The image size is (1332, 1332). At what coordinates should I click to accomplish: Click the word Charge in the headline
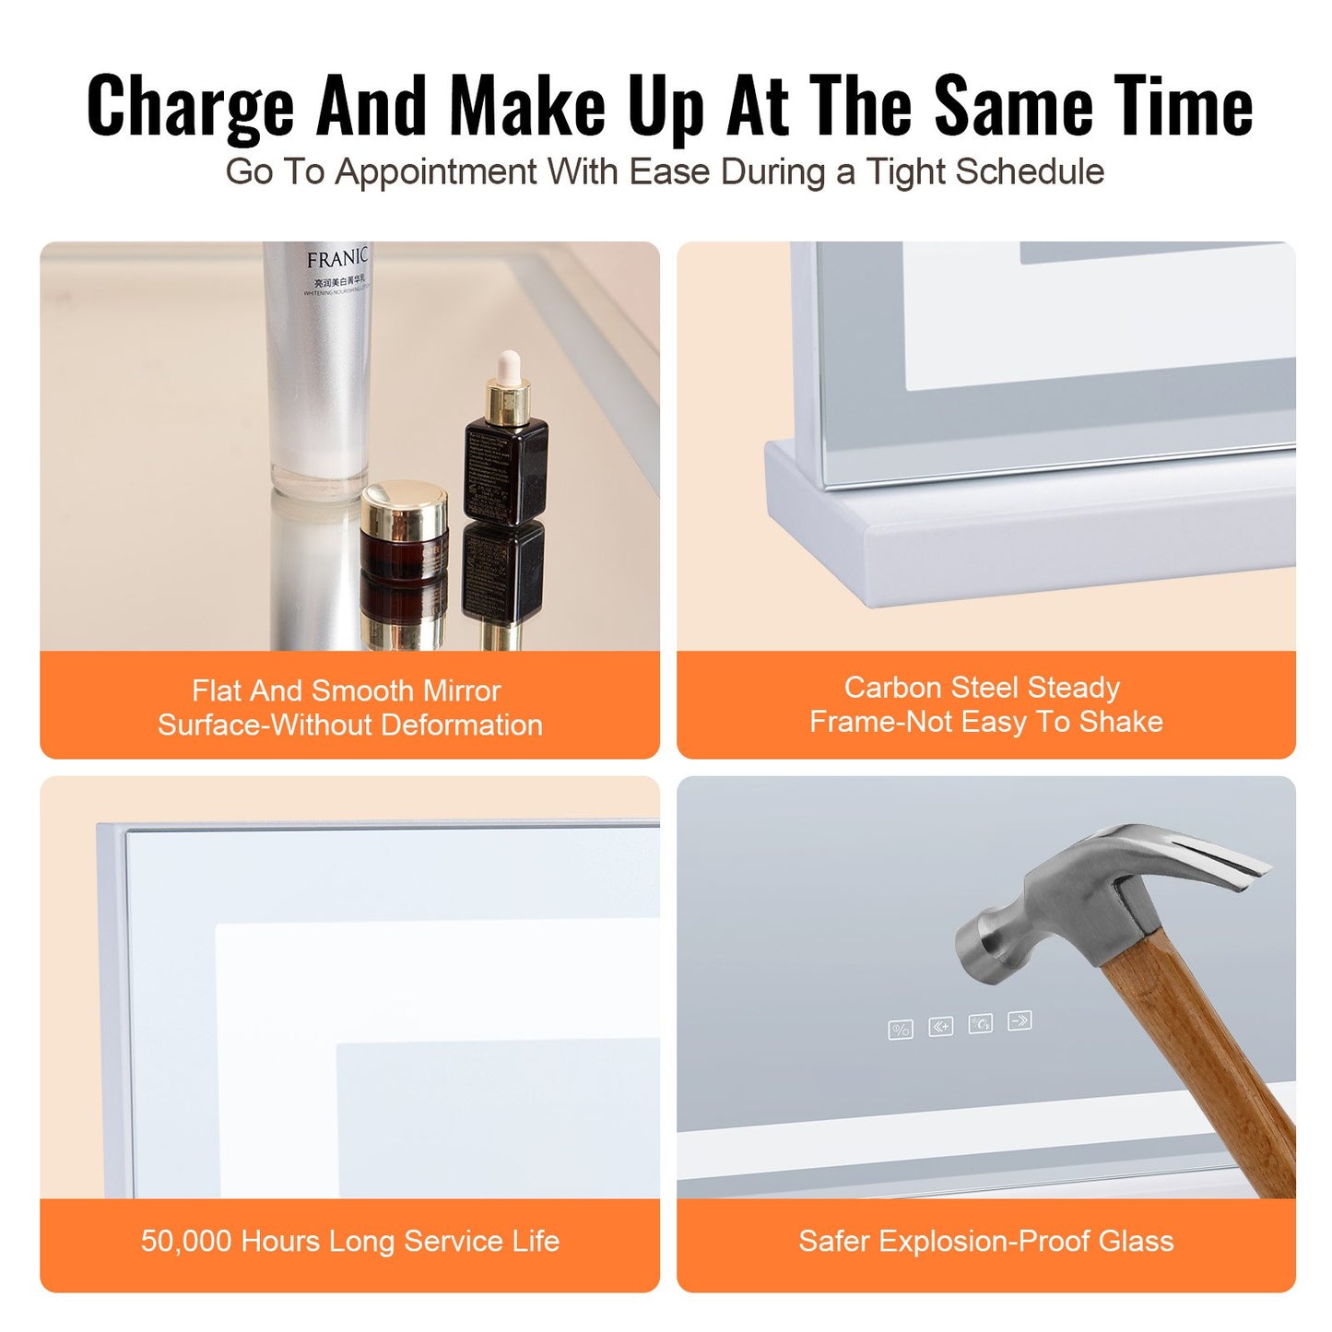pos(190,106)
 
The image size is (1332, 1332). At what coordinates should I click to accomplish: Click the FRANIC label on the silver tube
pos(336,259)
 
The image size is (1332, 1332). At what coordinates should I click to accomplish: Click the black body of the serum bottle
pos(505,470)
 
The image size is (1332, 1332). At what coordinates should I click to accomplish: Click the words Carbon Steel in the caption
pos(930,688)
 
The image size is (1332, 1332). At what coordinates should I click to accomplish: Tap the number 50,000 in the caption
pos(186,1242)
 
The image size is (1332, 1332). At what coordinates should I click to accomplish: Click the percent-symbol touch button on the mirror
pos(901,1030)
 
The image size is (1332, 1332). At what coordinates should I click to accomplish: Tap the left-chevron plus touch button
pos(940,1026)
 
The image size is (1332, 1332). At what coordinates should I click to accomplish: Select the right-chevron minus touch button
pos(1020,1020)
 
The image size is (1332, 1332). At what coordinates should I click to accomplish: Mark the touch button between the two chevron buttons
pos(980,1023)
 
